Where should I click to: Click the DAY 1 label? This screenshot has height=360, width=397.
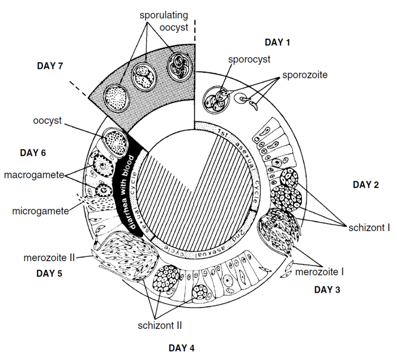coord(277,42)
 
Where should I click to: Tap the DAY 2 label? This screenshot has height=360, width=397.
coord(366,184)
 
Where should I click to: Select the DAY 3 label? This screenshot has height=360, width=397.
coord(327,290)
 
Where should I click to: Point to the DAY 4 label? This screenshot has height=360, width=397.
coord(182,348)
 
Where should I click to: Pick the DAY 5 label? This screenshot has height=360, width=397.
coord(49,273)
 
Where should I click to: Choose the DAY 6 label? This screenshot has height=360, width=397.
coord(33,153)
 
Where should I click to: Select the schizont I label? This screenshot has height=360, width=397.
coord(370,228)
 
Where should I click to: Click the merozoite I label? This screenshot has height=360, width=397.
coord(319,271)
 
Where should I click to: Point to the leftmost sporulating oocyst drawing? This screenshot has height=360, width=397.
coord(117,97)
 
